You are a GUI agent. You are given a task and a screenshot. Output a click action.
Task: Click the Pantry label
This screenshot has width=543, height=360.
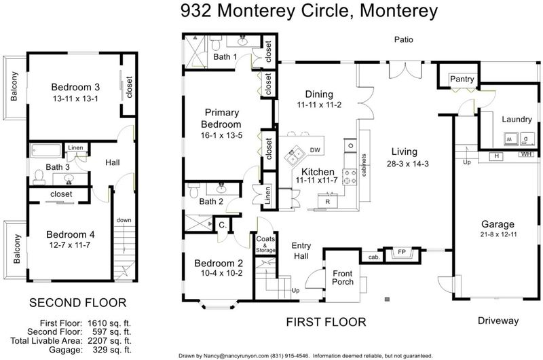tap(462, 79)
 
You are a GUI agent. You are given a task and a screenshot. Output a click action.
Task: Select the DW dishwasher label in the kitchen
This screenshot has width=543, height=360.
tap(315, 150)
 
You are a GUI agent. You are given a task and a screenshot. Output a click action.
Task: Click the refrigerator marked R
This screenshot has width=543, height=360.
tap(328, 201)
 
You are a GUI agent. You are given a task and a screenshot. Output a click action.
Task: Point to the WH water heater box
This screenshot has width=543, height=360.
tap(526, 154)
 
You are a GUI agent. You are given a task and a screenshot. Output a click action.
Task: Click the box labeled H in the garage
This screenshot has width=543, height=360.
tap(496, 156)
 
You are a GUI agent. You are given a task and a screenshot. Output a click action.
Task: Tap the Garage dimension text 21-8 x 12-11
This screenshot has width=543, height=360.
tap(498, 234)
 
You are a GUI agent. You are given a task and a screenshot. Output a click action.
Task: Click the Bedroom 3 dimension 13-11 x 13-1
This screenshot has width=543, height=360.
tap(75, 98)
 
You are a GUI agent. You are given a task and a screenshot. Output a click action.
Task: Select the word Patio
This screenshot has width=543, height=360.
tap(403, 39)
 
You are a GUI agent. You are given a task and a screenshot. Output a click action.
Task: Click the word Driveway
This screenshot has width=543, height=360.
tap(498, 321)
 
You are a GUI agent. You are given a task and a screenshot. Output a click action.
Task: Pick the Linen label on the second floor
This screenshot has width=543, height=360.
tap(75, 147)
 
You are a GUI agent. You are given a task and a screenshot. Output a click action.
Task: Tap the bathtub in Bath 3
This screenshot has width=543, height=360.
tap(46, 151)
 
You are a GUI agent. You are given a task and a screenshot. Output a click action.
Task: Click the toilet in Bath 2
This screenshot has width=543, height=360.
tap(193, 190)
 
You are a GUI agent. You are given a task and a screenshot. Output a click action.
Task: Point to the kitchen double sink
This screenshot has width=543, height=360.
tap(294, 155)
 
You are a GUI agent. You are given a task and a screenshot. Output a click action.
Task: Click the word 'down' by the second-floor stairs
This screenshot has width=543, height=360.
tap(124, 220)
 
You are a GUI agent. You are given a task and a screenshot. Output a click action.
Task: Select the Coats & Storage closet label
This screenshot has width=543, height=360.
tap(265, 244)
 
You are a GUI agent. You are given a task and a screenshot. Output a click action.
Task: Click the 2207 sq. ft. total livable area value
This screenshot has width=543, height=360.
tap(109, 340)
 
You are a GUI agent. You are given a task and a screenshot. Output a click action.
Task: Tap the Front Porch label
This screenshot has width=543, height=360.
tap(343, 278)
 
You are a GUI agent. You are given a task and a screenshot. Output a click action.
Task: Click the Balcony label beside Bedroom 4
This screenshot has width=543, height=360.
tap(16, 249)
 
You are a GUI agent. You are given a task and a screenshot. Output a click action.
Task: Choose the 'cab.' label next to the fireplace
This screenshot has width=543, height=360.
tap(374, 257)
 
